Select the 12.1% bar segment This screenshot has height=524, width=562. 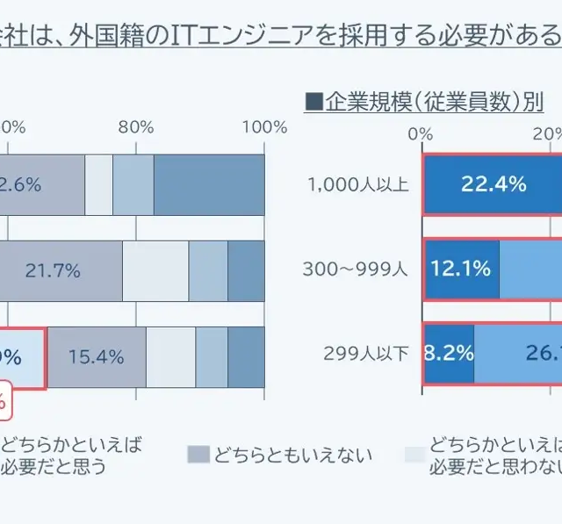[x=461, y=269]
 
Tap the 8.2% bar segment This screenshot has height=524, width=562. [x=449, y=354]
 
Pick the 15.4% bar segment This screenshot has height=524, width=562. [x=97, y=356]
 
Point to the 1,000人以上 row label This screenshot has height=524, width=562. [x=357, y=184]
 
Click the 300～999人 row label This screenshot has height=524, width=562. [x=356, y=269]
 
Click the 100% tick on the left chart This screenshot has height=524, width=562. [x=264, y=126]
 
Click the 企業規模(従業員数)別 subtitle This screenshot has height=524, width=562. [x=434, y=102]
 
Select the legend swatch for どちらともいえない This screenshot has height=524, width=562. [x=198, y=454]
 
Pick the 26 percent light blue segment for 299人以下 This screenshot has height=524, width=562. [x=518, y=354]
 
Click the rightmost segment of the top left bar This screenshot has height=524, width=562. [x=209, y=184]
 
